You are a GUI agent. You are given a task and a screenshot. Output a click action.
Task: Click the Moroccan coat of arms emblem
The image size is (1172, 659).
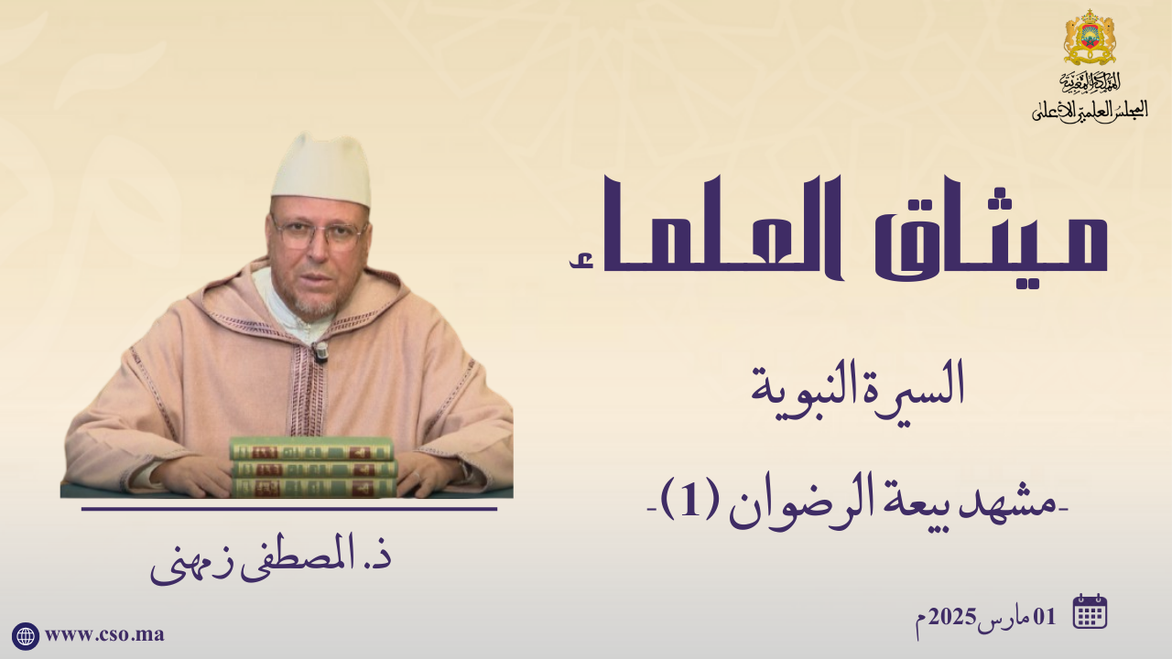pos(1090,37)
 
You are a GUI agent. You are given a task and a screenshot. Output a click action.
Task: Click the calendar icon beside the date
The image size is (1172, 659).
pos(1090,611)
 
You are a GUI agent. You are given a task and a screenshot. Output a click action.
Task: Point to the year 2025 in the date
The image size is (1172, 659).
pos(950,618)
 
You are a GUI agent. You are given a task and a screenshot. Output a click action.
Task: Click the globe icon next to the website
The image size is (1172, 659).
pos(25,636)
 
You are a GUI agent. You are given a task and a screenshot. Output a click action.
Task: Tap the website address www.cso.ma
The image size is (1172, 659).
pos(104,635)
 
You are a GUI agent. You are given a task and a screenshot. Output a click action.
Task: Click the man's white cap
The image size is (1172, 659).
pos(321,169)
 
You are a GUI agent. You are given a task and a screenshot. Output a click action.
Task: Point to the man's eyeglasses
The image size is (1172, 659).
pos(320,233)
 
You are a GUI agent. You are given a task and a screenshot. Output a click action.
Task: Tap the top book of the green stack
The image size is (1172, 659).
pos(311,448)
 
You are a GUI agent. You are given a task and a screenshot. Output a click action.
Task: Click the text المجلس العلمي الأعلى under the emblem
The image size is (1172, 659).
pos(1090,111)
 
